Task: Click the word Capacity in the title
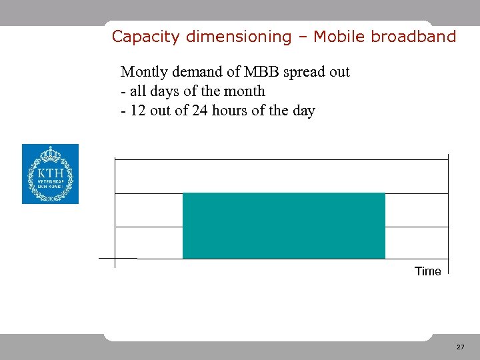coord(137,37)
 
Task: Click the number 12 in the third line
coord(138,111)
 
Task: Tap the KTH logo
coord(50,174)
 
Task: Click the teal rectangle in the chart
coord(284,225)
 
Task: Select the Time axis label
coord(428,271)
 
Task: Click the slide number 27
coord(461,347)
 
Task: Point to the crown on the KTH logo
coord(50,155)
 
